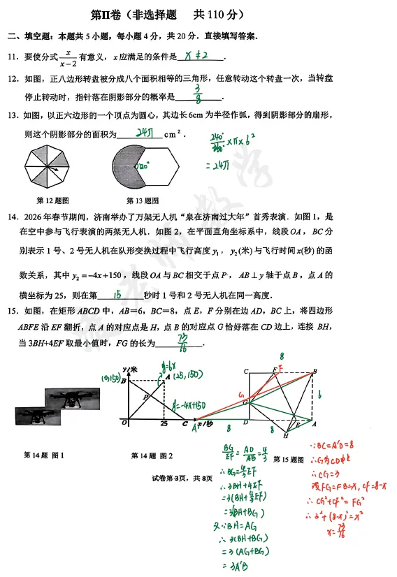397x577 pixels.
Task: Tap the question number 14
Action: coord(13,217)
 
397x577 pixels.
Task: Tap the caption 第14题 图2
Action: coord(152,456)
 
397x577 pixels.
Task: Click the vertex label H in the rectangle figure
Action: coord(286,436)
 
